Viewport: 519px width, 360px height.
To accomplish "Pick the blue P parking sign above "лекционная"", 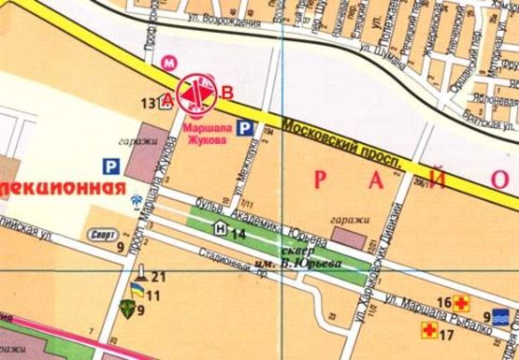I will tap(110, 167).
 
